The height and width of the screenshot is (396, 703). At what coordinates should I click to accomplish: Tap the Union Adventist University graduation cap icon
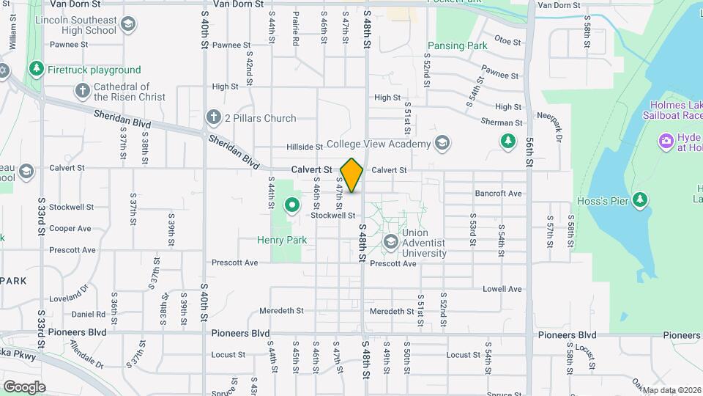click(x=390, y=241)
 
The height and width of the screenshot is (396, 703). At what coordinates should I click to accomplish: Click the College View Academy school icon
click(x=442, y=142)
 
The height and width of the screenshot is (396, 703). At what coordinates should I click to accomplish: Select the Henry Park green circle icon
click(x=291, y=206)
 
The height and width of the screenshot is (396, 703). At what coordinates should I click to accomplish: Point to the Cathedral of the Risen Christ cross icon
click(x=82, y=91)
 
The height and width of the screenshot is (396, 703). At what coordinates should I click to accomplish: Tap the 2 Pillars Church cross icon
click(x=213, y=117)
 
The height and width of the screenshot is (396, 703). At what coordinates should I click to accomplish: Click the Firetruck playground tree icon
click(x=36, y=70)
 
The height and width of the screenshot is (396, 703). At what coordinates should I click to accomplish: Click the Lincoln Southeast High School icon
click(x=128, y=26)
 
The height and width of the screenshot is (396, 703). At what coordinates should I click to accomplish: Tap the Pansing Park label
click(x=457, y=45)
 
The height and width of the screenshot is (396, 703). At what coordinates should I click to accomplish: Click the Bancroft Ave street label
click(x=498, y=194)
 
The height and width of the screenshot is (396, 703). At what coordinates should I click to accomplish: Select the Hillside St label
click(x=305, y=147)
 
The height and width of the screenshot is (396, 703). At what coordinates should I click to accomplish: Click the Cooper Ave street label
click(x=70, y=229)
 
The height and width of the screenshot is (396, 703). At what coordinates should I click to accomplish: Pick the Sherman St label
click(x=502, y=122)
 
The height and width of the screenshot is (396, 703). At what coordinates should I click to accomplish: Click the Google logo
click(x=24, y=386)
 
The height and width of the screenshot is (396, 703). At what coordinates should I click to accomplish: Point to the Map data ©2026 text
click(x=672, y=390)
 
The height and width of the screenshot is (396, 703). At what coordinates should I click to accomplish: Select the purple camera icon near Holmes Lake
click(x=666, y=140)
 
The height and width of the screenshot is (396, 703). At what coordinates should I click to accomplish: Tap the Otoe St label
click(x=506, y=40)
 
